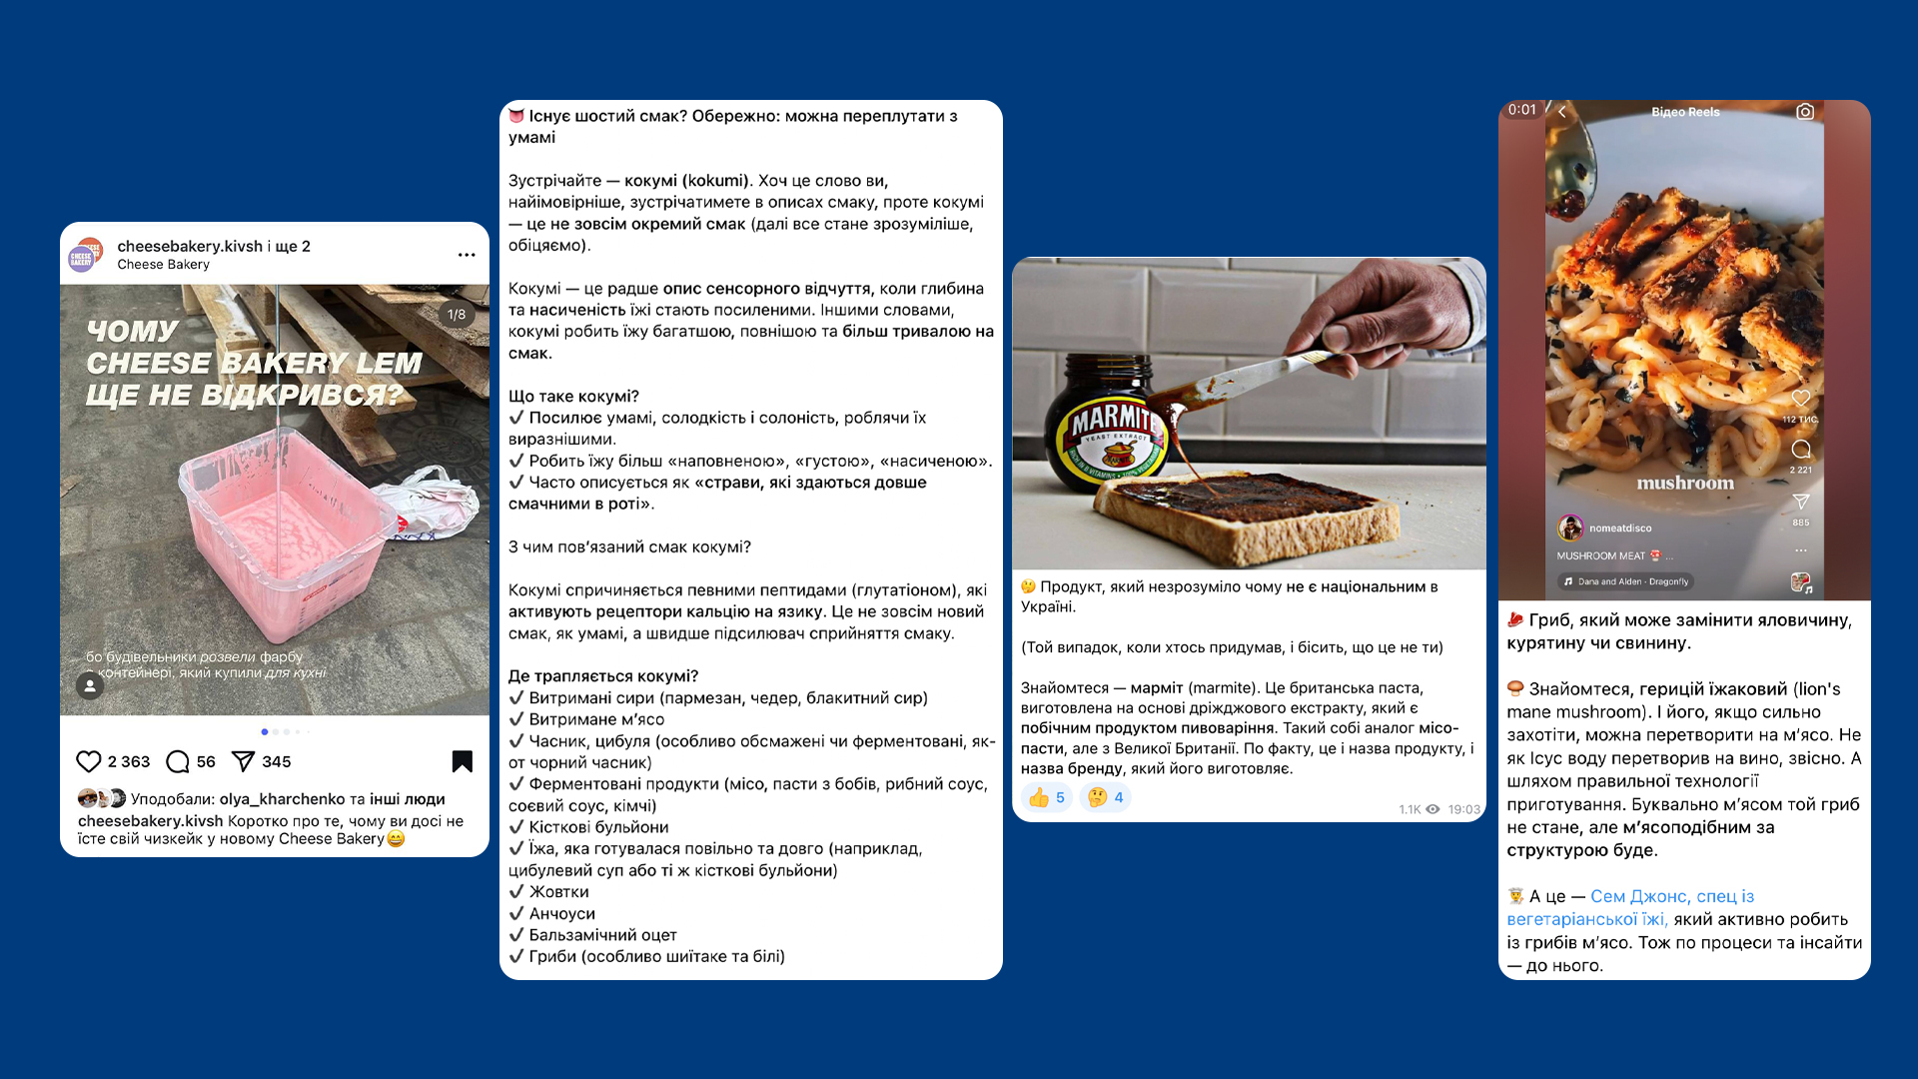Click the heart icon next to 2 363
[x=89, y=762]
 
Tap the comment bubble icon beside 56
[x=178, y=762]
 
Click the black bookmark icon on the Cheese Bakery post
[x=463, y=761]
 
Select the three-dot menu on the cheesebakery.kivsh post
[x=467, y=255]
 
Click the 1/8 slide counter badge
[x=457, y=315]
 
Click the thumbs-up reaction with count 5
[x=1046, y=797]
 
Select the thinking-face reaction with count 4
[x=1105, y=797]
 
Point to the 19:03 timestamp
[x=1464, y=809]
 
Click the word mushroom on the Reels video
[x=1685, y=484]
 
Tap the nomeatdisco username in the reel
[x=1620, y=529]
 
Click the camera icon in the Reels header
[x=1805, y=112]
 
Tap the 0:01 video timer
[x=1522, y=110]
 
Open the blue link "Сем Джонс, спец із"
[x=1672, y=896]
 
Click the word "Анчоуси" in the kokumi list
[x=562, y=913]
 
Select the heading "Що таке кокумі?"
[x=573, y=397]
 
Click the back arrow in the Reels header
[x=1562, y=112]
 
